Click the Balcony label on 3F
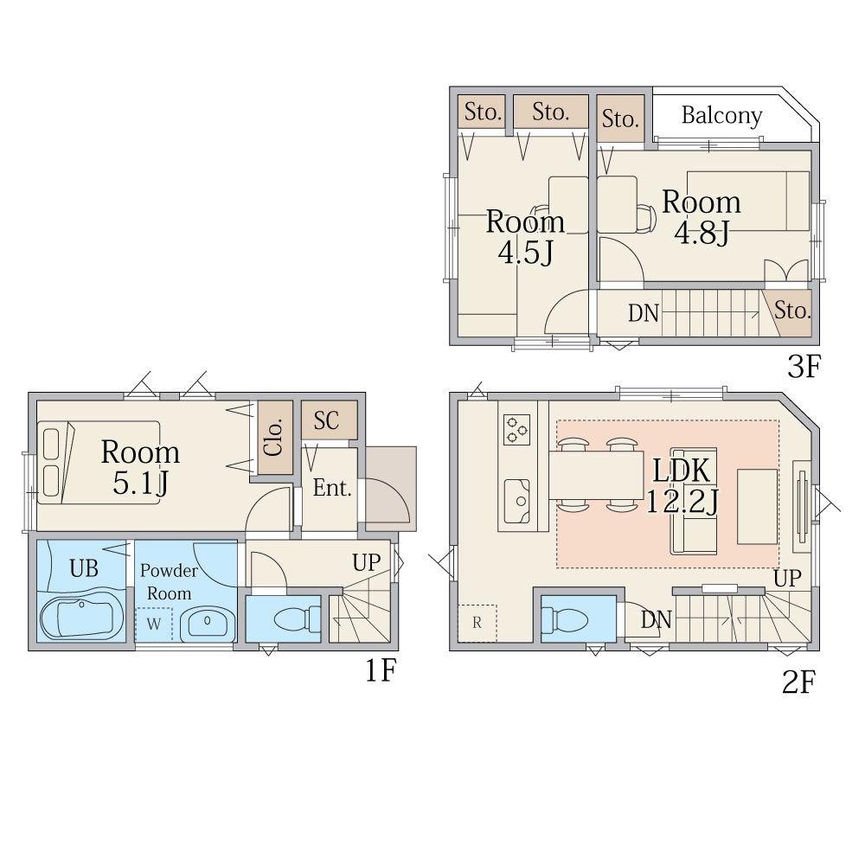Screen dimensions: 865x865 (721, 115)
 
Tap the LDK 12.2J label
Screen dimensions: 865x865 (682, 486)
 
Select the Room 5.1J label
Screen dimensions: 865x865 (140, 467)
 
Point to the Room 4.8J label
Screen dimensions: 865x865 (702, 217)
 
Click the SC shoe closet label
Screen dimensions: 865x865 (327, 420)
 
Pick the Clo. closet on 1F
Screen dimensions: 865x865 (275, 437)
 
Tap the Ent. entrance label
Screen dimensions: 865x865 (332, 488)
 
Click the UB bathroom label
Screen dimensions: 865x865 (84, 568)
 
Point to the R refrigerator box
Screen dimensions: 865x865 (477, 623)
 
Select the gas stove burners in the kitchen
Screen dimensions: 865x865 (517, 430)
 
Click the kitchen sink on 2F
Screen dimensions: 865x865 (517, 501)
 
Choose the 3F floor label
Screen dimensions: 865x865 (804, 366)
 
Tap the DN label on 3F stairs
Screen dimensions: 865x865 (644, 313)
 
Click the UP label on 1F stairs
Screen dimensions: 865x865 (367, 563)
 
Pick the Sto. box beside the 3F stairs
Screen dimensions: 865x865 (790, 312)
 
